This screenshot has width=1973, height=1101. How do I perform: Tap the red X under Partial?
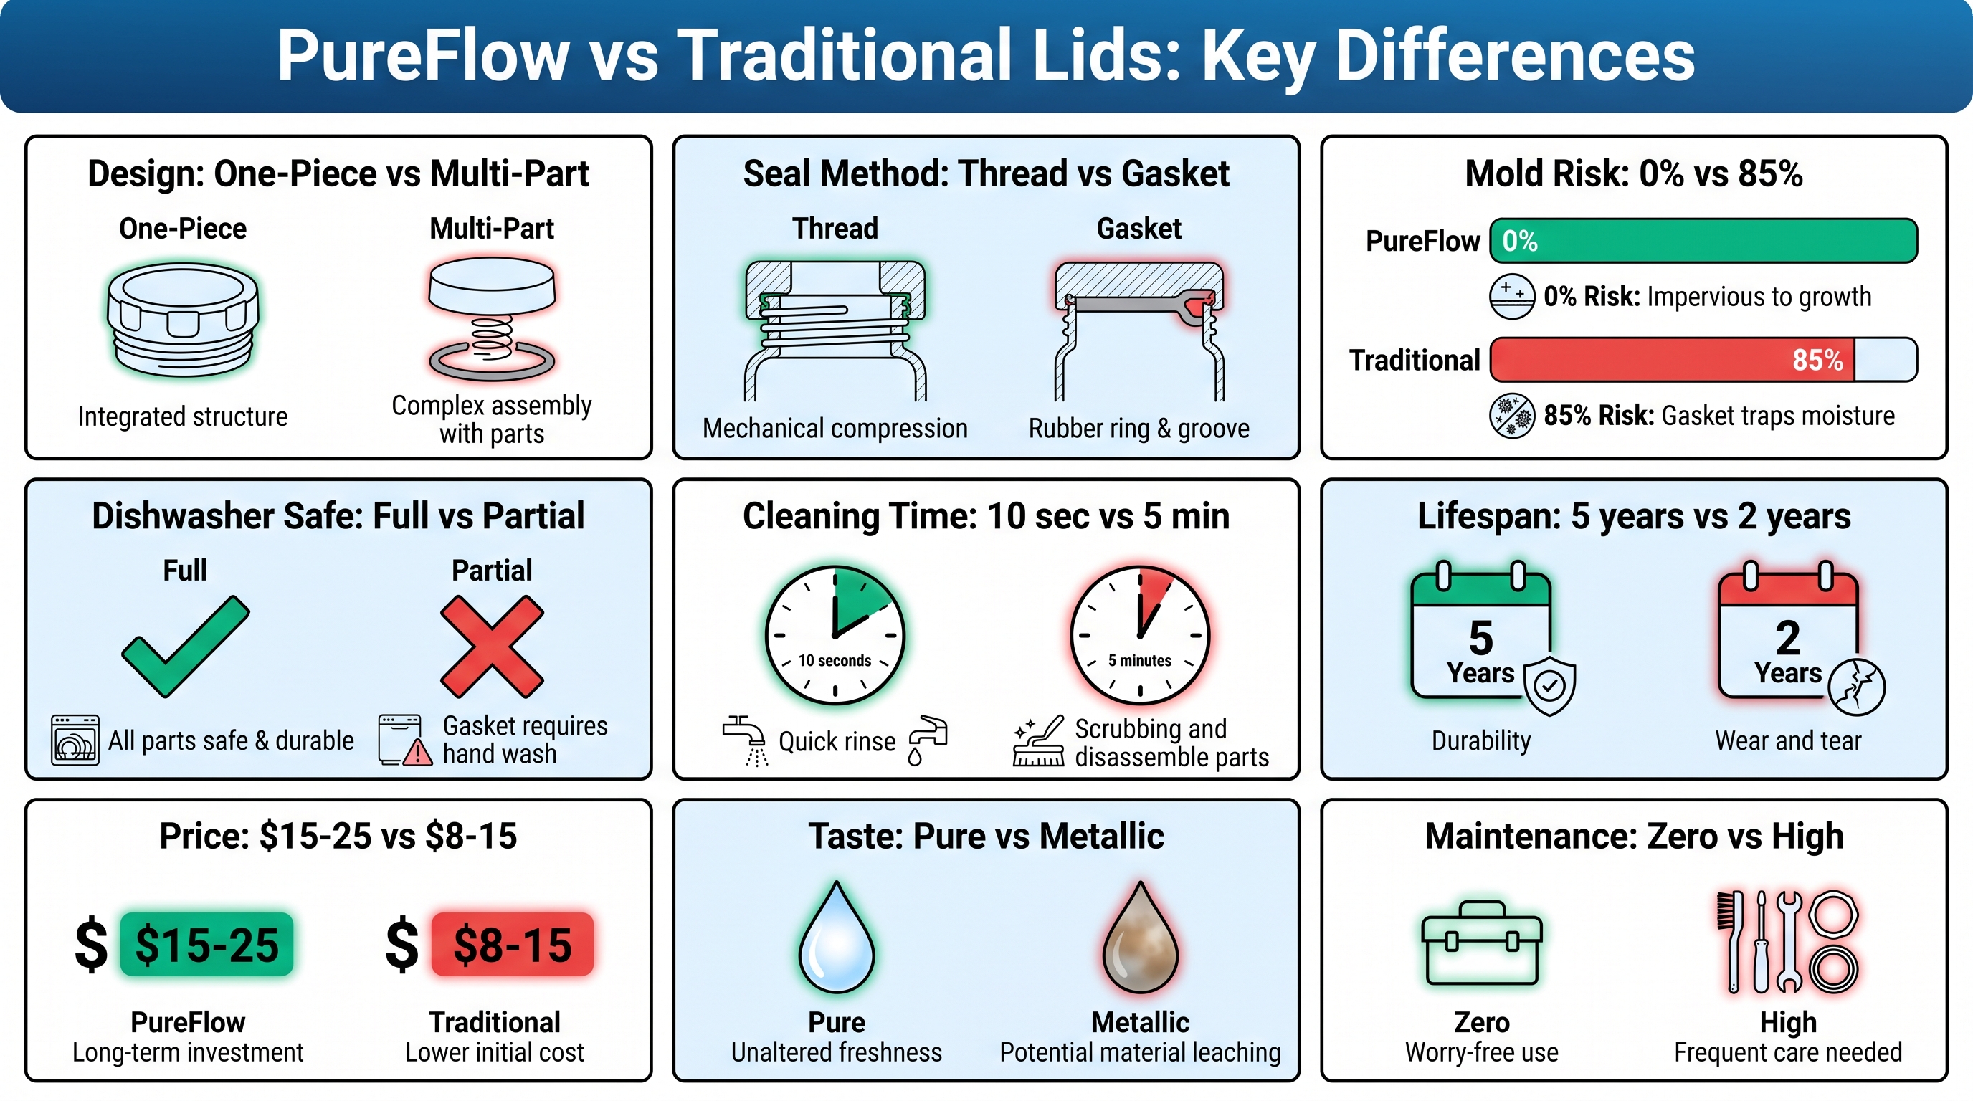492,647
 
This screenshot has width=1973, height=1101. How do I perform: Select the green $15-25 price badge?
206,944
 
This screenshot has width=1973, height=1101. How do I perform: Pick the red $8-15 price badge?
513,944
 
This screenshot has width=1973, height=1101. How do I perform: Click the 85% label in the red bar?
1817,359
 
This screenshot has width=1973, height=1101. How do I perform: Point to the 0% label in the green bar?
1520,241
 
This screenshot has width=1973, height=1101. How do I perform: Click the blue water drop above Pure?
837,937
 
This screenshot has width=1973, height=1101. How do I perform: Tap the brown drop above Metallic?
1141,937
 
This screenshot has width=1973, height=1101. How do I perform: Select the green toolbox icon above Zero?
1481,943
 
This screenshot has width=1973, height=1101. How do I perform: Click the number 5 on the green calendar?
1480,637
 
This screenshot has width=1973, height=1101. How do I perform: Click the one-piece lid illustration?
183,319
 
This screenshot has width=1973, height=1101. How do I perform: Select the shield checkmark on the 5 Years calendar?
1549,685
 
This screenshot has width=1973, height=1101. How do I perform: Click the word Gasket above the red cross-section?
1139,228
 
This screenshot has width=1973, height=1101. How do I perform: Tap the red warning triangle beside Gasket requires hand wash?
417,753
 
